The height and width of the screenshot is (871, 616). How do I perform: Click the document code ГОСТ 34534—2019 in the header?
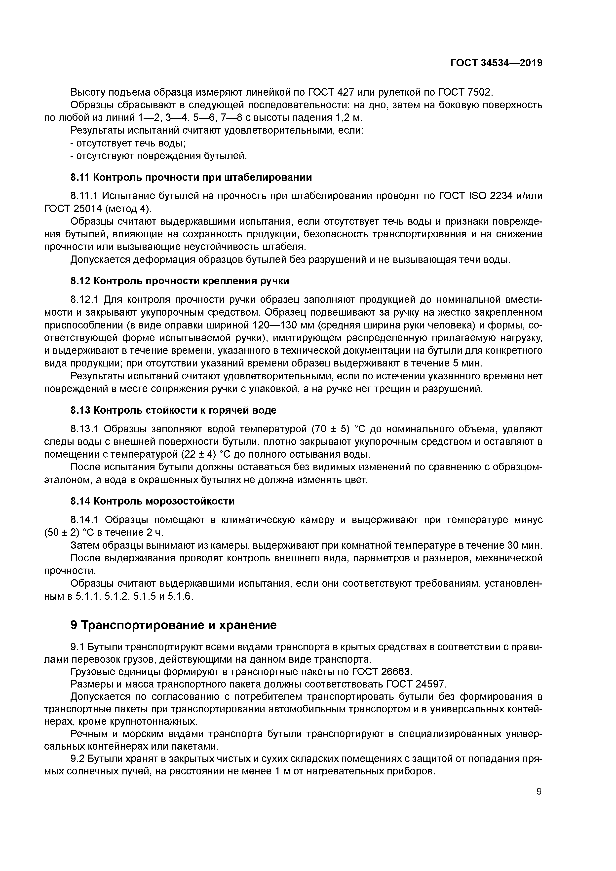click(496, 63)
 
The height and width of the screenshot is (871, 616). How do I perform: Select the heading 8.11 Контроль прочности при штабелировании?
click(191, 177)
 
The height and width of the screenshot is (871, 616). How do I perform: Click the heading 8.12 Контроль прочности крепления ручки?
click(180, 281)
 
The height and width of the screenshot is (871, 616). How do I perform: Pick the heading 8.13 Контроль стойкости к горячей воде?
click(173, 410)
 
